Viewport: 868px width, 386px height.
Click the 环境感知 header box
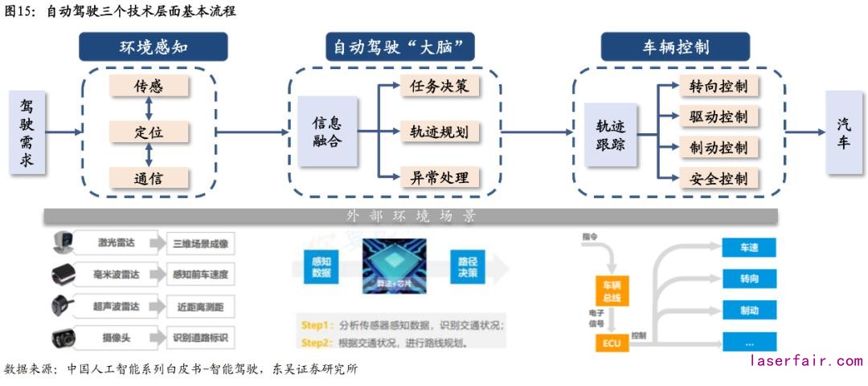[153, 47]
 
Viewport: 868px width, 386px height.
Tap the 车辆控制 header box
[675, 47]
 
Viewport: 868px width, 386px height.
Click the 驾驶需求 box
[27, 132]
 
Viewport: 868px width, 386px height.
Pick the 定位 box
[149, 132]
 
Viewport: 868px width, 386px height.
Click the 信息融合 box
[326, 132]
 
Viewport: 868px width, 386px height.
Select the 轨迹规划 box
[440, 132]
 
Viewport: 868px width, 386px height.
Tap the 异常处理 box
[440, 177]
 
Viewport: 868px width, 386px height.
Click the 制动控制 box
[719, 148]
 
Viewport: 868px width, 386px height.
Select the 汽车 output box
[844, 132]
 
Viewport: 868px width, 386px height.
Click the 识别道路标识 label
[199, 338]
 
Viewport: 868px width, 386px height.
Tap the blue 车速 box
[749, 248]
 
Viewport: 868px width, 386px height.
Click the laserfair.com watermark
[805, 361]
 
